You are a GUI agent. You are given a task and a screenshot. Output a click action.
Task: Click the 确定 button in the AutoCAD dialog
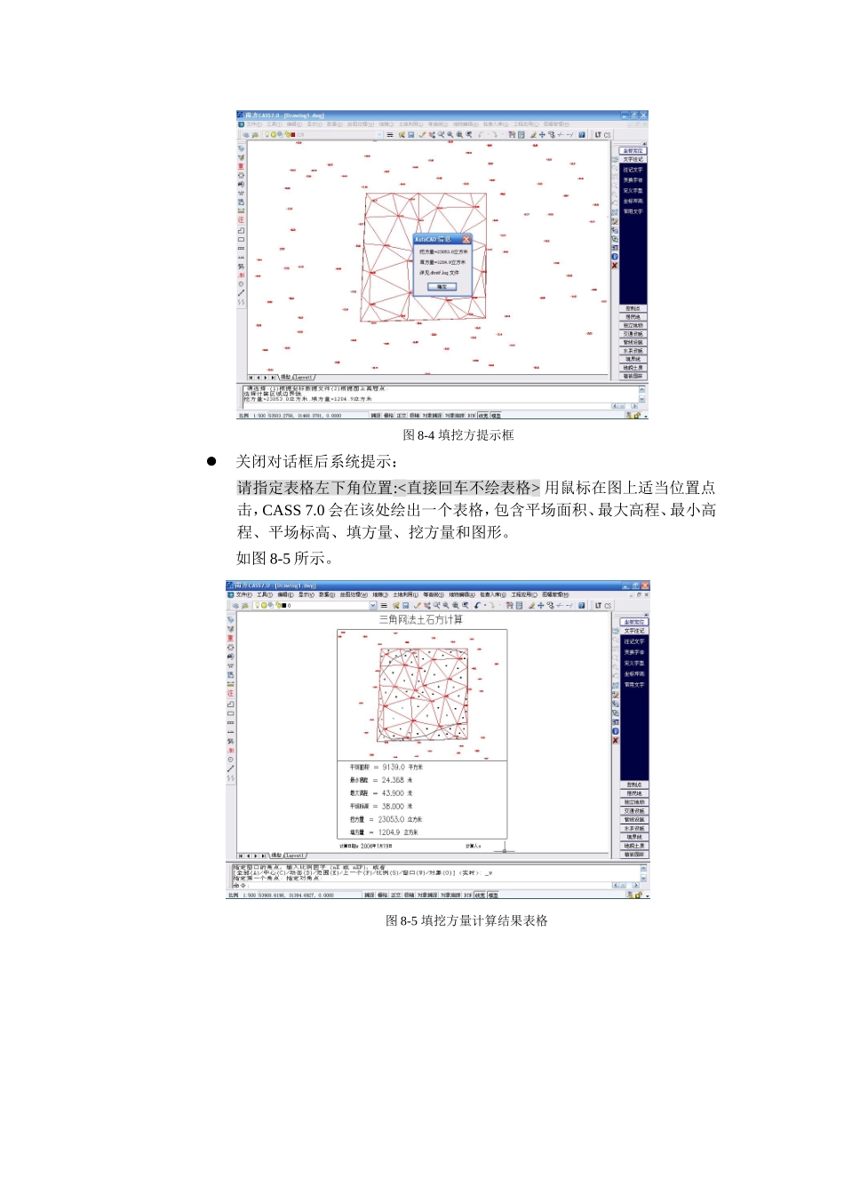point(442,287)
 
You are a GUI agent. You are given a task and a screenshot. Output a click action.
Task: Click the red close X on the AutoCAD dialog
point(466,240)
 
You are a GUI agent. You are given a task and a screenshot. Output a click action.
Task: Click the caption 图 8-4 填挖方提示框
point(458,435)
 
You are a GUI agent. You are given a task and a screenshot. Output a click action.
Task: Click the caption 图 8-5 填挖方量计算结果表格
point(466,921)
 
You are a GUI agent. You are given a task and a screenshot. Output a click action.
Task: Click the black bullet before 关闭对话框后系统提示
point(211,461)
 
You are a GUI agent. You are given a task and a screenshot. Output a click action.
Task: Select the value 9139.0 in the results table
point(393,767)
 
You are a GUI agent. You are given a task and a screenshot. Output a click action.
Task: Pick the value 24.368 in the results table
point(392,780)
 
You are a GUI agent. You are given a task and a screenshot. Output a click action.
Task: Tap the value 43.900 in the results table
point(392,793)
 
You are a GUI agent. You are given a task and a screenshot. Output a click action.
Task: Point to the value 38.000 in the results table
point(392,807)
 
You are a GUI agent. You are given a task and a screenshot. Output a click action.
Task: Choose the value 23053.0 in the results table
point(390,820)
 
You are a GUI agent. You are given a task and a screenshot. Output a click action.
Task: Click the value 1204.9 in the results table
point(388,832)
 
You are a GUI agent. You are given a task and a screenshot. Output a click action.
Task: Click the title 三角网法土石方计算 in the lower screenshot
point(420,619)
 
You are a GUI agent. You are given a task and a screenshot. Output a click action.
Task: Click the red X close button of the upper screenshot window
point(644,115)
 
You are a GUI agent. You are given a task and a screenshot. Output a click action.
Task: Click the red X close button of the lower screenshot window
point(645,586)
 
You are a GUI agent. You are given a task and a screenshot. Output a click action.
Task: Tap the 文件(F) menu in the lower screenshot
point(243,595)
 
